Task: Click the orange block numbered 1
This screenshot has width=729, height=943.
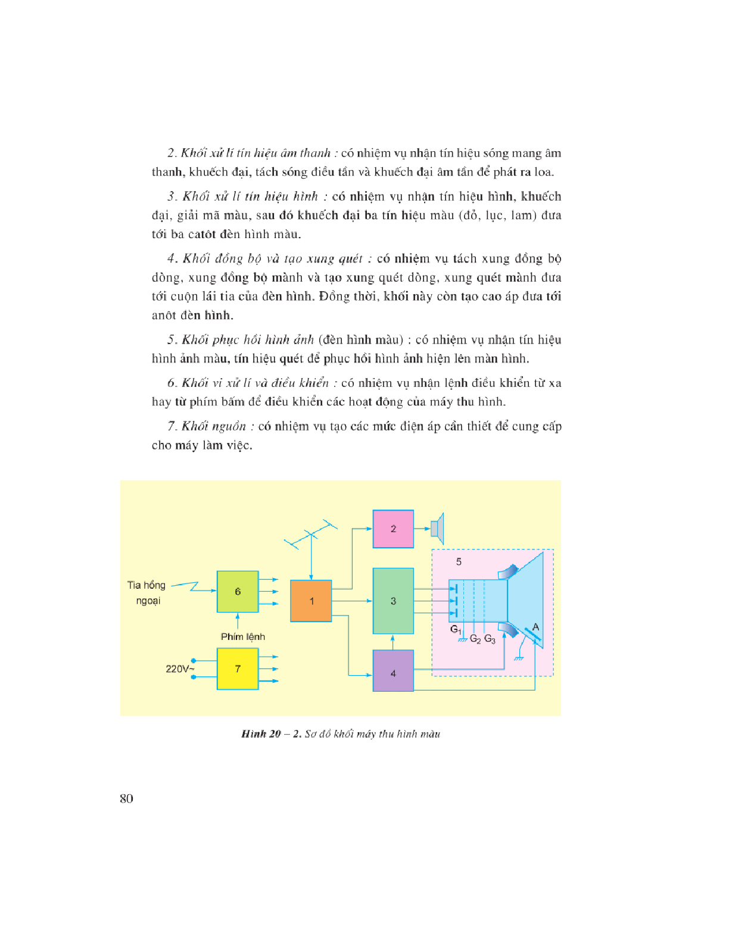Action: coord(311,601)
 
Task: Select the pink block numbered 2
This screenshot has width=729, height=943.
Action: coord(393,529)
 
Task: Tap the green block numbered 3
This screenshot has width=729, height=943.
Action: coord(393,601)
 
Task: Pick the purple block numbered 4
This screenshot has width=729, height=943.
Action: coord(393,670)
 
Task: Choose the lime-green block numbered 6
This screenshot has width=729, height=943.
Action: coord(238,591)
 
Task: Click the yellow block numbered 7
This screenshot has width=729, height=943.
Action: coord(238,669)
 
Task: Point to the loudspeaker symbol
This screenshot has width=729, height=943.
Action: coord(438,528)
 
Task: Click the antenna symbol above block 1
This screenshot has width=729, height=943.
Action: coord(311,536)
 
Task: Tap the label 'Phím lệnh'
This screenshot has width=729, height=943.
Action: coord(243,636)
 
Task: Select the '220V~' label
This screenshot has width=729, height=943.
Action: coord(180,669)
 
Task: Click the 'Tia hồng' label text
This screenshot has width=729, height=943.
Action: coord(147,585)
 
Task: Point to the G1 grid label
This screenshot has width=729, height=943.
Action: coord(456,629)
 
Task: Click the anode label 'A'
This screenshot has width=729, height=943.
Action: coord(535,627)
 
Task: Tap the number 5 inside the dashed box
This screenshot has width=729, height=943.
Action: coord(459,561)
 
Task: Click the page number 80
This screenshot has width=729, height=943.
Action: coord(126,798)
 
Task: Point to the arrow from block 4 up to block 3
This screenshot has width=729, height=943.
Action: coord(392,642)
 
